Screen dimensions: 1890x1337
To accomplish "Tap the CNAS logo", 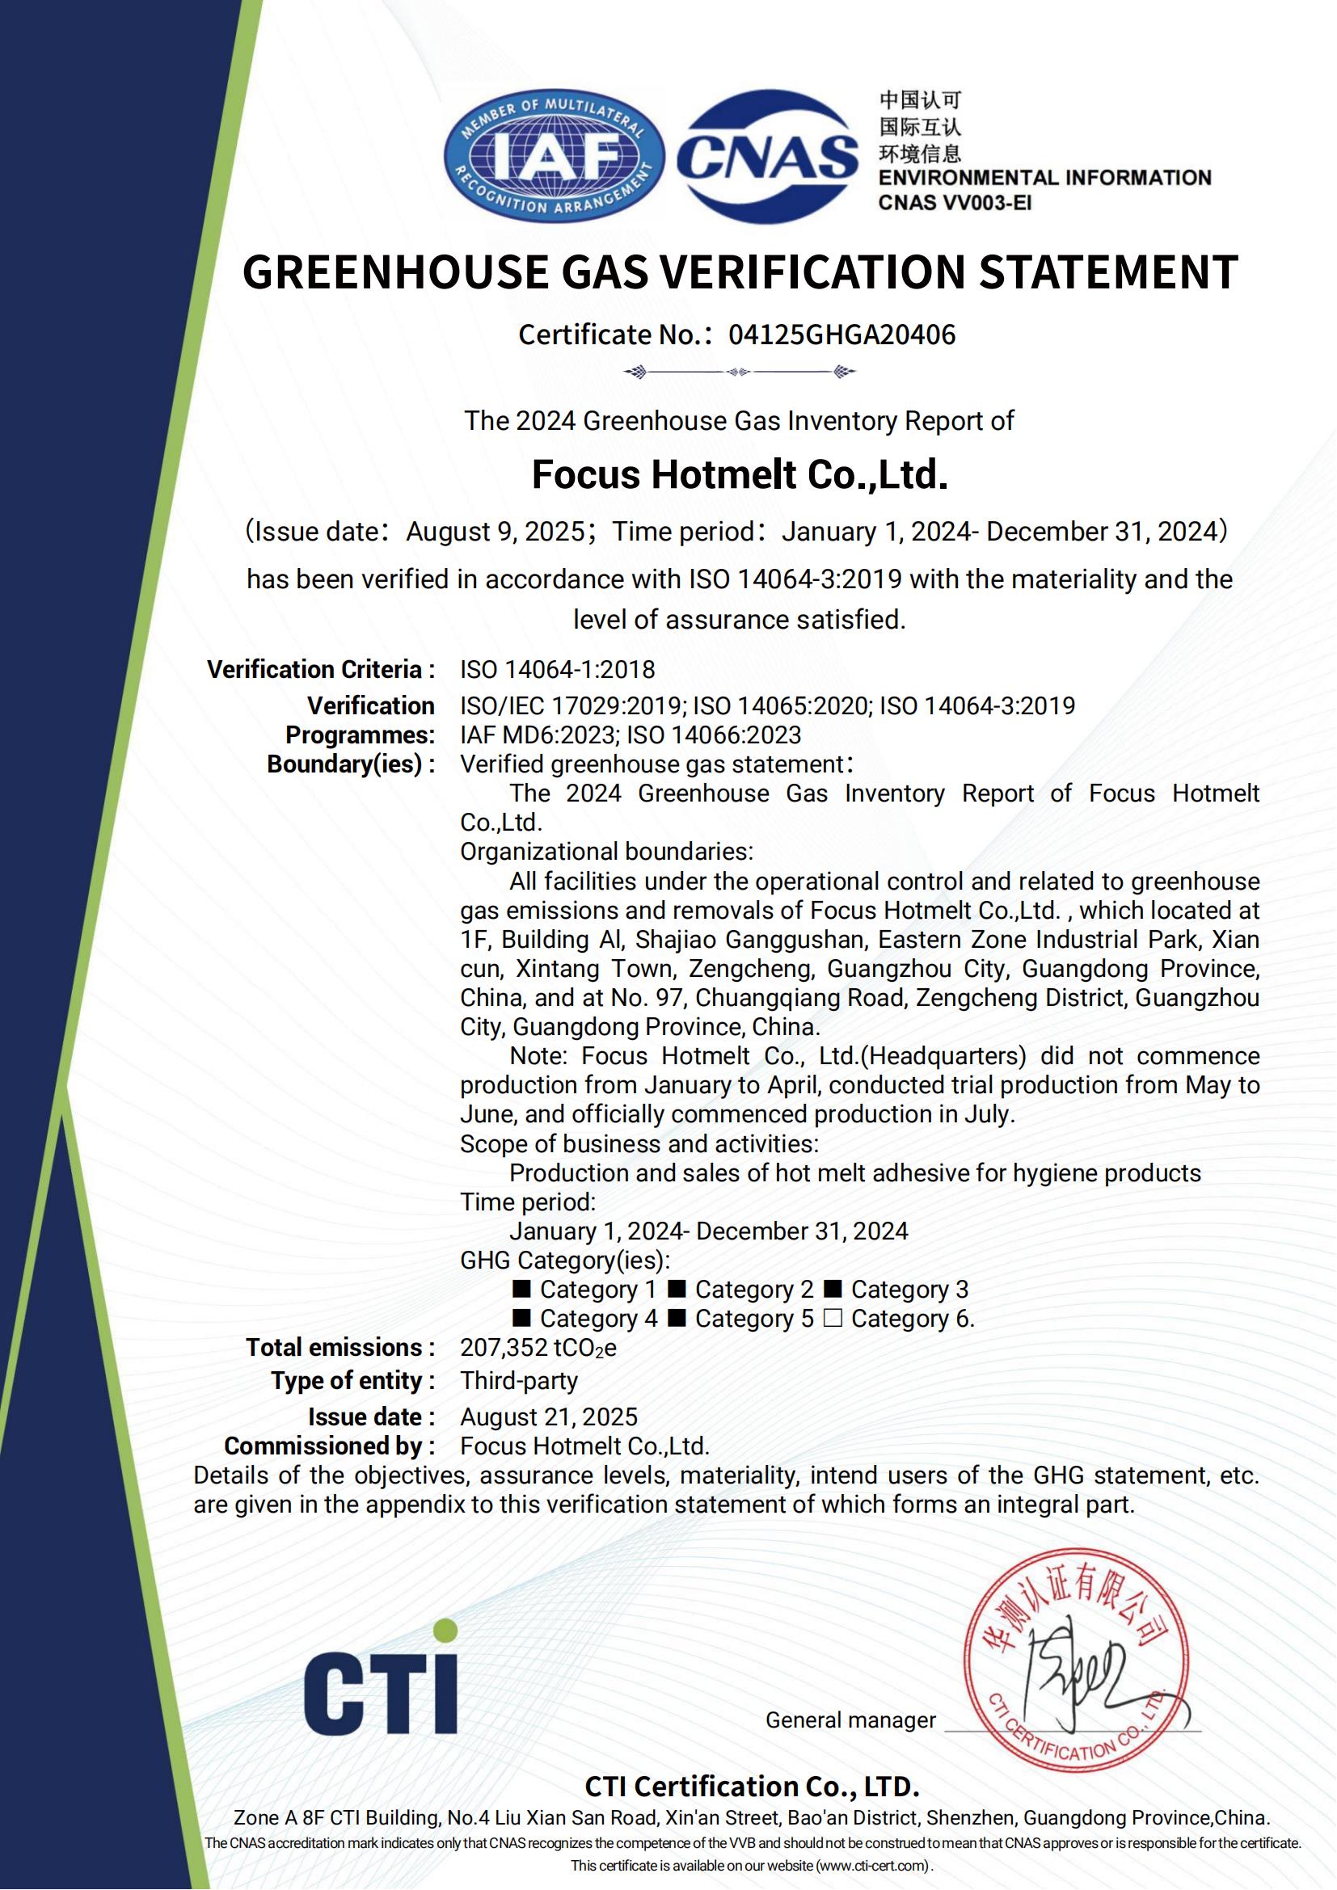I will coord(767,156).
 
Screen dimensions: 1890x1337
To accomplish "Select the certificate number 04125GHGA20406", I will coord(841,335).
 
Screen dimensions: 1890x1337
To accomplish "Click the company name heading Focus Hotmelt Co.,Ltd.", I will coord(740,475).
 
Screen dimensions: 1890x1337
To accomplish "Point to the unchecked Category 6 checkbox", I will coord(833,1319).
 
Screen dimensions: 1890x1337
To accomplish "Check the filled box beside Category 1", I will coord(521,1289).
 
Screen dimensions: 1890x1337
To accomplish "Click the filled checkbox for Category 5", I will coord(677,1319).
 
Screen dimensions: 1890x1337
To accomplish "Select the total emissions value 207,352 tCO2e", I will coord(538,1348).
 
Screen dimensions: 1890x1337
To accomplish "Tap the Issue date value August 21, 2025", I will coord(548,1416).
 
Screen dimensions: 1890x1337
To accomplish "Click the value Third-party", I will coord(519,1380).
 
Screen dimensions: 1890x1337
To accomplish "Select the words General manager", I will coord(850,1720).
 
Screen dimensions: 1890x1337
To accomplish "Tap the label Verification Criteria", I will coord(320,669).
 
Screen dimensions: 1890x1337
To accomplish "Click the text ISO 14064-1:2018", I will coord(558,669).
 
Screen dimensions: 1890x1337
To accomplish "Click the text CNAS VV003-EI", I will coord(954,202).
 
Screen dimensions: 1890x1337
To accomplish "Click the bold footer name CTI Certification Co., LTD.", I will coord(752,1787).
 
